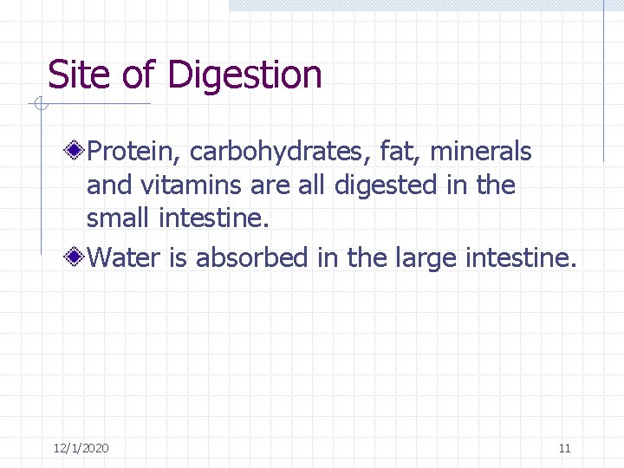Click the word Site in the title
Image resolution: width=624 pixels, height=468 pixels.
80,75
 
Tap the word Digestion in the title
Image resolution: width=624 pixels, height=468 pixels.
245,76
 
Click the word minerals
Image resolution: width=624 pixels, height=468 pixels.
481,153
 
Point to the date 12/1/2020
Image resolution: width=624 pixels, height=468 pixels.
81,448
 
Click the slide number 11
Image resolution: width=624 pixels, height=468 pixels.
564,448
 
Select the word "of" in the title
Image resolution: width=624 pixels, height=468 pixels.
138,75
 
